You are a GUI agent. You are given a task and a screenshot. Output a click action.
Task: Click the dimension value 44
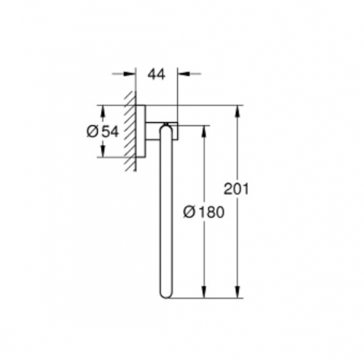pos(156,74)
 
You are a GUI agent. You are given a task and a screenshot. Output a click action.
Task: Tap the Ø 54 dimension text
pos(103,132)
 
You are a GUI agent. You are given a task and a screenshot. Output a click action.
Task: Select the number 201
pos(236,188)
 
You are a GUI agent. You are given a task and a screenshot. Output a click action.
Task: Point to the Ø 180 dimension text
pos(204,212)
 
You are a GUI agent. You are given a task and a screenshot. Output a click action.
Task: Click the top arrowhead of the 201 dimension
pos(237,111)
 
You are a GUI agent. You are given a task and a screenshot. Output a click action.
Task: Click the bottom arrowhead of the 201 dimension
pos(237,292)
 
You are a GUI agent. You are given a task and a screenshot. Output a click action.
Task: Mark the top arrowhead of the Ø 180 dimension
pos(204,131)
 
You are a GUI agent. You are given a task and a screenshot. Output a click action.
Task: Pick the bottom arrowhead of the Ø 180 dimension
pos(204,292)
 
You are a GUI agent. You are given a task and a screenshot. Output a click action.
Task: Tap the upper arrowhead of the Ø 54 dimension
pos(103,111)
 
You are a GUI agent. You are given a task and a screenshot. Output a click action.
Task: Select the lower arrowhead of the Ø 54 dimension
pos(103,151)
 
